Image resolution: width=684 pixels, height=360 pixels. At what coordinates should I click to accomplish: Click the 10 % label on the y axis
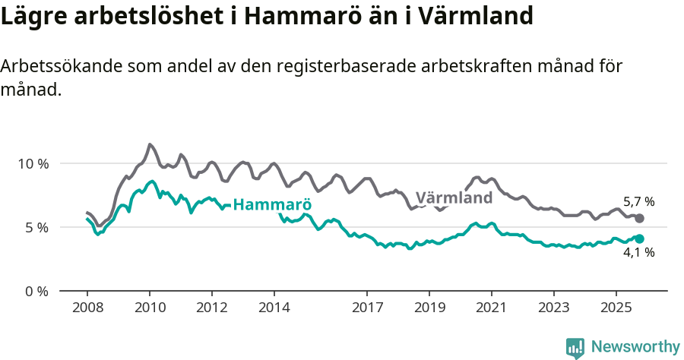click(x=33, y=164)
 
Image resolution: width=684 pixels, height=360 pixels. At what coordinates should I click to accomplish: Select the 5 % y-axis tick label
click(x=36, y=228)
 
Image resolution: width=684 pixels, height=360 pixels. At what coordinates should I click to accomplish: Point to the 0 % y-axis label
click(x=36, y=292)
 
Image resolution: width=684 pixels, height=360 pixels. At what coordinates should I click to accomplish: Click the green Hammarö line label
click(x=272, y=205)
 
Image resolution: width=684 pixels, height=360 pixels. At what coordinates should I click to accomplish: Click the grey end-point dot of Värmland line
click(x=640, y=219)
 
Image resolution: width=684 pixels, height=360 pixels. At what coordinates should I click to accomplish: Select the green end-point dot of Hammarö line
click(x=640, y=239)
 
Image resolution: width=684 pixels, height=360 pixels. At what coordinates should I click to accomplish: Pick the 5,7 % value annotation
click(x=638, y=202)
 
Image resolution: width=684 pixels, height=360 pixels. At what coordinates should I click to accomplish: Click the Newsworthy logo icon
click(x=575, y=348)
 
